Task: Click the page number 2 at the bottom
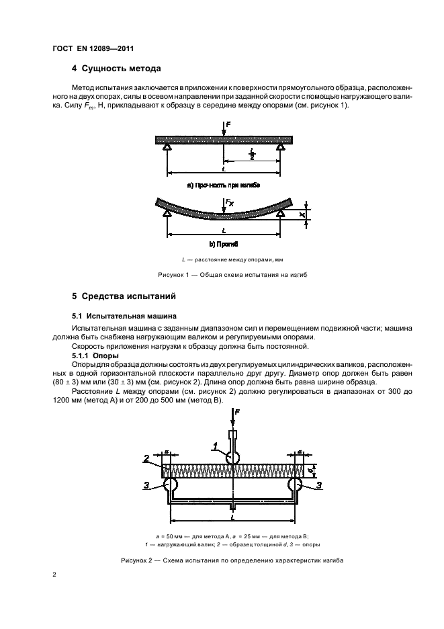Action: click(56, 575)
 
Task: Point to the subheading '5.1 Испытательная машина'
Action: click(124, 314)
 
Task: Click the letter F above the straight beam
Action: click(228, 125)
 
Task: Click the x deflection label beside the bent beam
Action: click(302, 215)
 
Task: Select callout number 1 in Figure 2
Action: click(214, 445)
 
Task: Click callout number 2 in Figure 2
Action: click(146, 459)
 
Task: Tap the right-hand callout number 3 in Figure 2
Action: click(319, 484)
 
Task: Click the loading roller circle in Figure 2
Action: click(233, 458)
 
